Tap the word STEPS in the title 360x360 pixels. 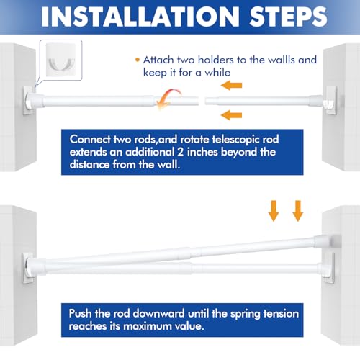[x=288, y=17]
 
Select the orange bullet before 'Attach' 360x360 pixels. [x=138, y=60]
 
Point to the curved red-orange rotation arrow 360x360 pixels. [x=168, y=97]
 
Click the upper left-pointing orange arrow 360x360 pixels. [x=231, y=85]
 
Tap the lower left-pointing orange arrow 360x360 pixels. [x=231, y=115]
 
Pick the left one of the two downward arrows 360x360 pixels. [x=274, y=211]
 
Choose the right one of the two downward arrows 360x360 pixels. [x=297, y=211]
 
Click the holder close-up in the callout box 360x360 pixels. [x=61, y=60]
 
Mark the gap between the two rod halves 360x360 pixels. [x=202, y=101]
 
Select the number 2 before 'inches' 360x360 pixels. [x=181, y=152]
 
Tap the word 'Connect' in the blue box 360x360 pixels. [x=90, y=140]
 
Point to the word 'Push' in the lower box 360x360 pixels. [x=80, y=313]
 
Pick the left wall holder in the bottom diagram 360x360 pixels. [x=28, y=269]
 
